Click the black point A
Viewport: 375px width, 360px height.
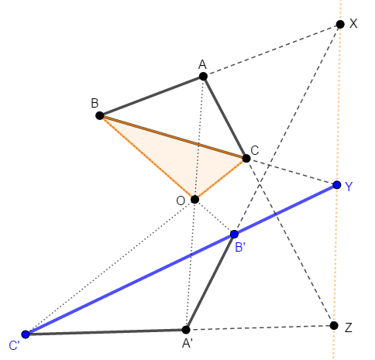(203, 77)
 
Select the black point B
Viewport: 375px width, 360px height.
(100, 115)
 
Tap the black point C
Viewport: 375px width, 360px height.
(246, 158)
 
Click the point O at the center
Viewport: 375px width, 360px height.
(194, 199)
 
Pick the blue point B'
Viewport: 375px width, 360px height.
(234, 234)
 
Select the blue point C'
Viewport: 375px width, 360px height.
(26, 334)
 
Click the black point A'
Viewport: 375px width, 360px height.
(186, 330)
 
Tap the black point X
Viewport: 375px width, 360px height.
(340, 24)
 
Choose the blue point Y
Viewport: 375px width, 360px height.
(337, 185)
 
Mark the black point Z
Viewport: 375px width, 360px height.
(334, 325)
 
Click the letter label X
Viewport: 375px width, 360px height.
(353, 23)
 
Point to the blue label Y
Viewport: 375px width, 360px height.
(349, 187)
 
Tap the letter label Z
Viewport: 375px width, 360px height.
(349, 327)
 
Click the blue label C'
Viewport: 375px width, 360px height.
(14, 345)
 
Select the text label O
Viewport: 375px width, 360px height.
(181, 201)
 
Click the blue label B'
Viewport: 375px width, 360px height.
(240, 248)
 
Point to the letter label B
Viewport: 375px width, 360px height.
(95, 103)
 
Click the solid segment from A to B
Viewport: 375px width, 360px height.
(151, 96)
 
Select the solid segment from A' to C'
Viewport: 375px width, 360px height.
(105, 332)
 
